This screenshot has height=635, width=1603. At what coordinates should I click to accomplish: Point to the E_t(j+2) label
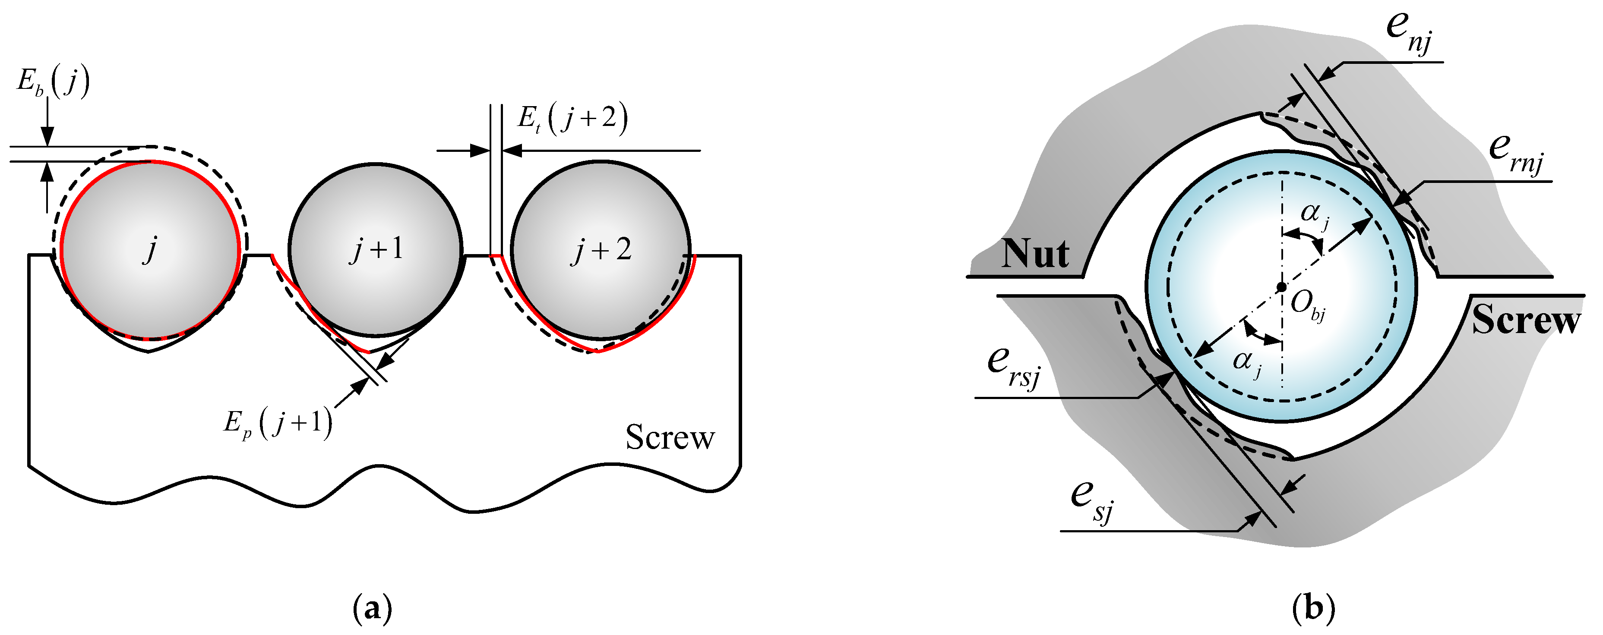click(x=572, y=118)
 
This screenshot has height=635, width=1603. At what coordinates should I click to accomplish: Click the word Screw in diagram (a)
click(x=670, y=437)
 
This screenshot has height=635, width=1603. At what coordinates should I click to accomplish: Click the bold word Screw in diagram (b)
click(x=1526, y=320)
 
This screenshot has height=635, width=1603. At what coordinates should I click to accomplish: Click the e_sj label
click(x=1092, y=501)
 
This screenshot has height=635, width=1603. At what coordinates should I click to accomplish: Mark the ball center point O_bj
click(x=1281, y=287)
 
